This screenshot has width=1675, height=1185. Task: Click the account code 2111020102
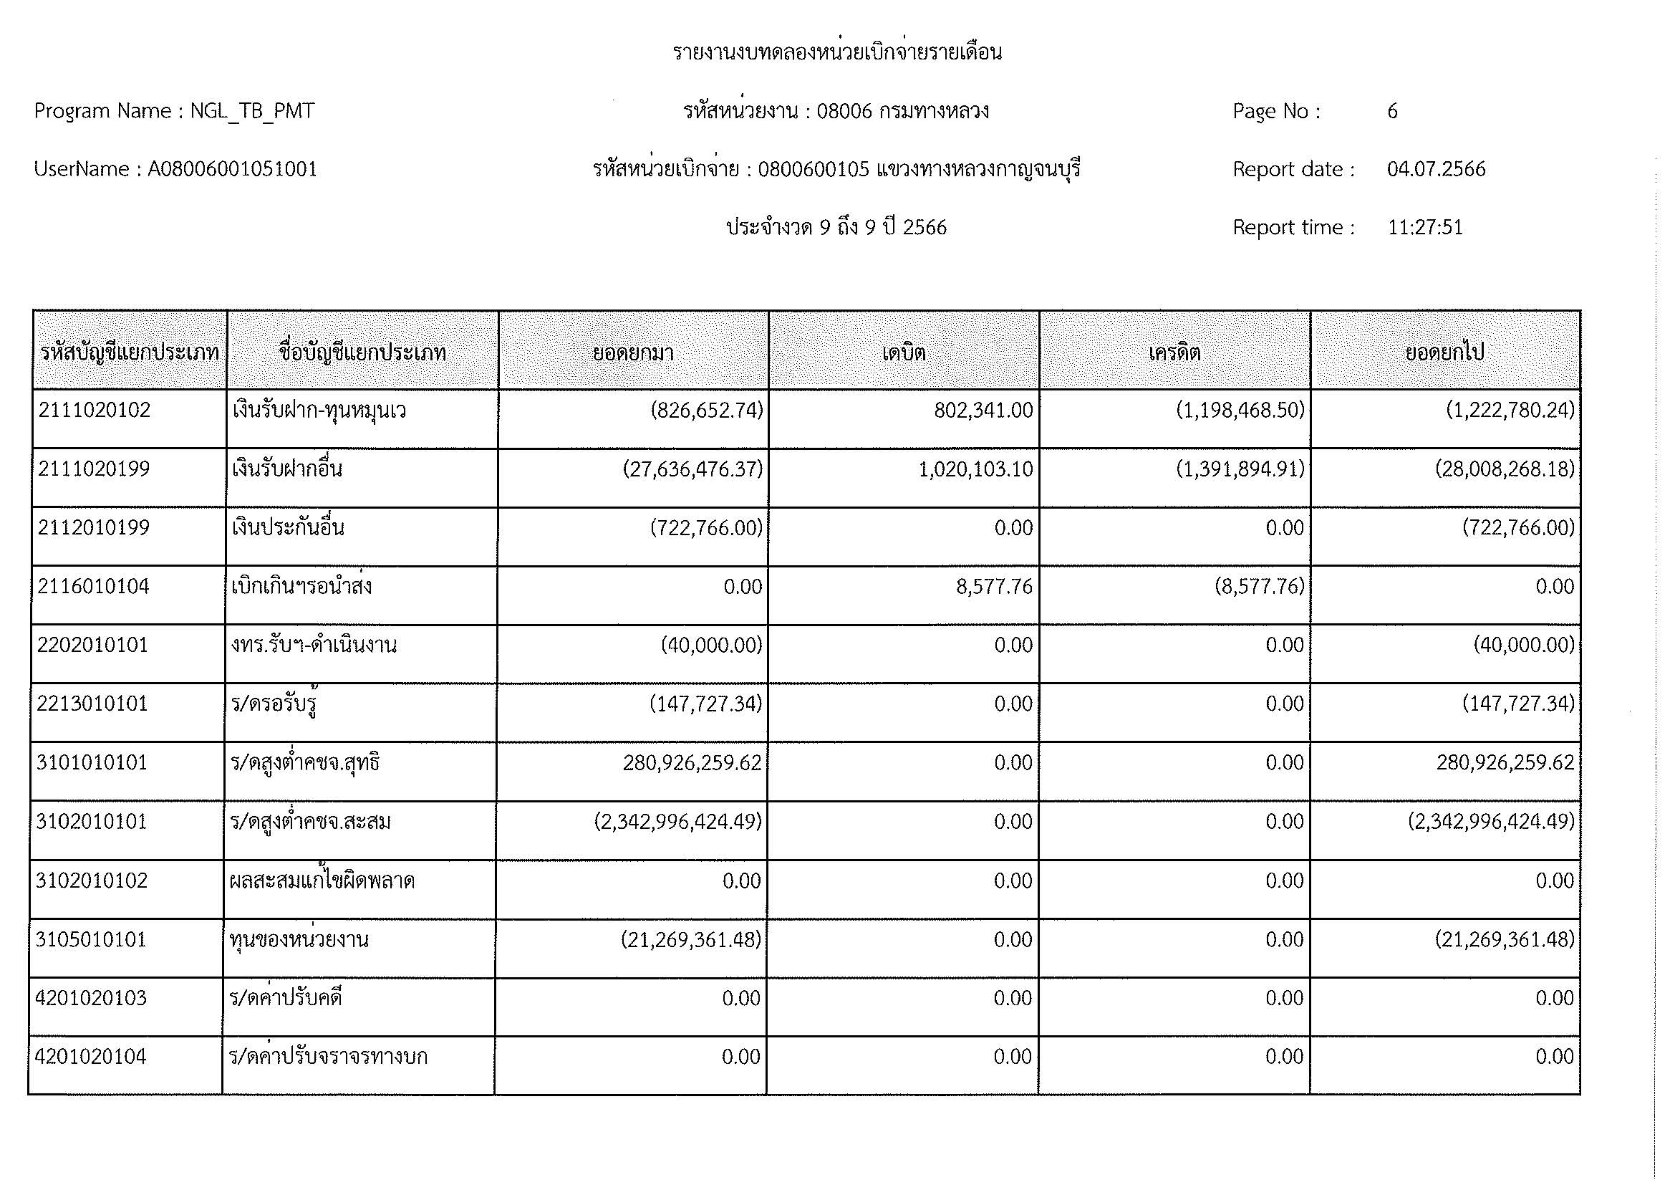(94, 411)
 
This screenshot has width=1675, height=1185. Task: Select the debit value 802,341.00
(983, 411)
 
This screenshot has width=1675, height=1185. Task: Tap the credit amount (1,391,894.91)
(1240, 469)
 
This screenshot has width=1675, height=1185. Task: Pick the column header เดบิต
(903, 353)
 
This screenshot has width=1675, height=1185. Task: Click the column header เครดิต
(1174, 353)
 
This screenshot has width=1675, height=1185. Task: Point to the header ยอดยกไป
(1444, 353)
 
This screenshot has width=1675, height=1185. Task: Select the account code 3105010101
(91, 940)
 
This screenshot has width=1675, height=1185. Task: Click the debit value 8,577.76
(995, 587)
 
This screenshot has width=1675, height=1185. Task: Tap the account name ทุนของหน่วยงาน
(299, 940)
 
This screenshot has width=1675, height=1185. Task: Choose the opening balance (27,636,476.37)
(692, 469)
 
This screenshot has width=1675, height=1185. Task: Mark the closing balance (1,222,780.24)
(1510, 411)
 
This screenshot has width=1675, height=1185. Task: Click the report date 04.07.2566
(1436, 169)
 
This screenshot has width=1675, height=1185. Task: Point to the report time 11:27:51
(1425, 228)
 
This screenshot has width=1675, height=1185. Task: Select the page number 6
(1392, 111)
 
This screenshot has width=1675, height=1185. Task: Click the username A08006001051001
(232, 169)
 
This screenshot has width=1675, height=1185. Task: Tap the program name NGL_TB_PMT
(251, 111)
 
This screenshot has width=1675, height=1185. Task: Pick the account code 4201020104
(90, 1057)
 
